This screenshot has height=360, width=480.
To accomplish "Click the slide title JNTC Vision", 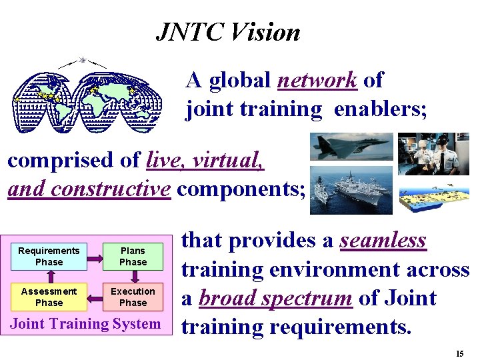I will (228, 31).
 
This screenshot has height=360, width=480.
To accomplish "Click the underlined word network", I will (317, 80).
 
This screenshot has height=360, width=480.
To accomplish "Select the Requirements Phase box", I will (49, 257).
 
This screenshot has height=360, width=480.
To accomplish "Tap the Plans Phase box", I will (133, 257).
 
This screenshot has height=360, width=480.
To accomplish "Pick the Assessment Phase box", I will (49, 297).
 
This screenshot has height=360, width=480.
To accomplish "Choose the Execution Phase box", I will (133, 297).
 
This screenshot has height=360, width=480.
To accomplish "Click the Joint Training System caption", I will (85, 324).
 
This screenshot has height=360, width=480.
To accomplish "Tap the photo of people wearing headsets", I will (433, 153).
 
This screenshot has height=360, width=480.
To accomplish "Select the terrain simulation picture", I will (433, 194).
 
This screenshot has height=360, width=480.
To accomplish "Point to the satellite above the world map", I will (83, 60).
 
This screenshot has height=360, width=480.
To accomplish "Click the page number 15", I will (459, 353).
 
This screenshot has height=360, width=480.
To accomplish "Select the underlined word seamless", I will (383, 240).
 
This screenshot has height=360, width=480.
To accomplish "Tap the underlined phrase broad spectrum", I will (275, 298).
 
